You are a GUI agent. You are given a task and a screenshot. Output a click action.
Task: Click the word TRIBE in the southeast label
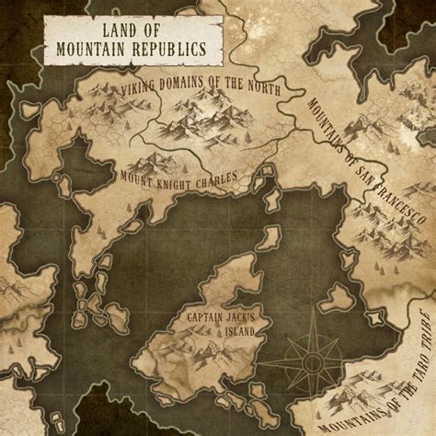click(x=422, y=328)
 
